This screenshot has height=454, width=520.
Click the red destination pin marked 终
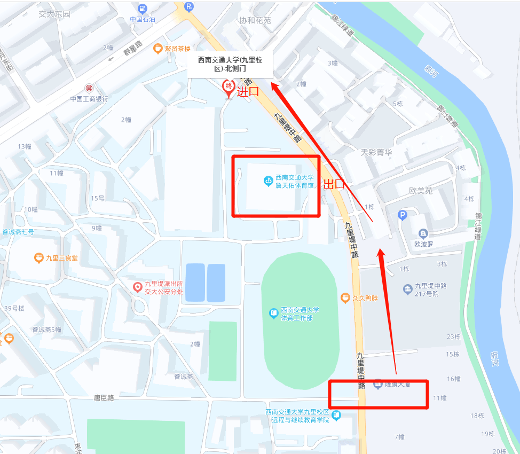(229, 87)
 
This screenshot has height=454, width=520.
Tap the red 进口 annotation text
(248, 91)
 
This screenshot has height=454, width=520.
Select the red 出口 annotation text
(335, 185)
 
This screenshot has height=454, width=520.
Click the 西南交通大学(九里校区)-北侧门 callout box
(230, 64)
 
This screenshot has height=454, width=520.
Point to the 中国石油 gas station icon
(143, 9)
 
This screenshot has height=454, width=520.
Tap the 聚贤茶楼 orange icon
(158, 49)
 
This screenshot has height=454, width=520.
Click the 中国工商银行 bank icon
(89, 88)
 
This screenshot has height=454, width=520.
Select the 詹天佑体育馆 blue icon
(268, 181)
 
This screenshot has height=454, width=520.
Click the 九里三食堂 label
(62, 258)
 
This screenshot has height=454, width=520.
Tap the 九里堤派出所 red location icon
(138, 288)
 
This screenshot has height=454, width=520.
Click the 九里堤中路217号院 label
(434, 289)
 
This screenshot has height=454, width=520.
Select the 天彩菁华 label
(376, 152)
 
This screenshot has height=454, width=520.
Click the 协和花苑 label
(255, 20)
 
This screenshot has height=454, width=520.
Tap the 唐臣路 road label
(104, 397)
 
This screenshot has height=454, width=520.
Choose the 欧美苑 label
(421, 191)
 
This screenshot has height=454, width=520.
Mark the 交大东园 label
(54, 14)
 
